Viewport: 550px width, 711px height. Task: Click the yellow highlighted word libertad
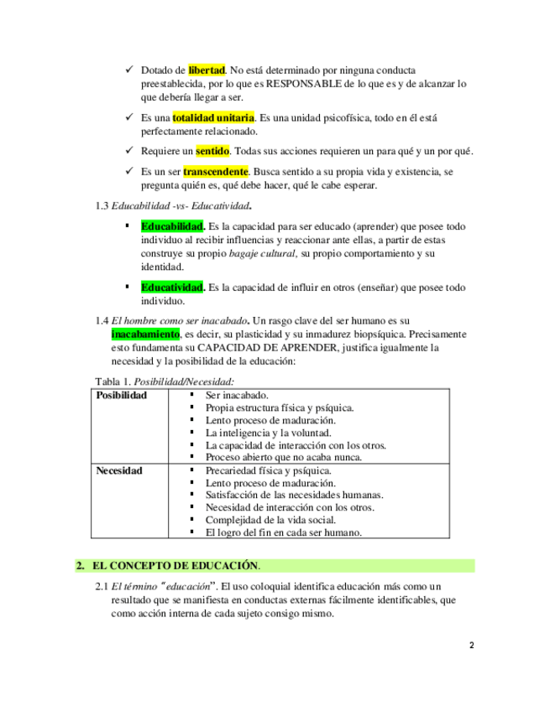tap(207, 70)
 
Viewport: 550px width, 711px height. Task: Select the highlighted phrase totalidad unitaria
tap(213, 118)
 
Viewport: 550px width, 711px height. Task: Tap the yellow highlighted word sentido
tap(212, 151)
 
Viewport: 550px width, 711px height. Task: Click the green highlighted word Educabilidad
tap(173, 226)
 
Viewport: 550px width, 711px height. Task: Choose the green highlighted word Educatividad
tap(173, 288)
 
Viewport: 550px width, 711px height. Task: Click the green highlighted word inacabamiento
tap(145, 335)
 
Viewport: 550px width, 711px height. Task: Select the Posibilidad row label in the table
tap(121, 395)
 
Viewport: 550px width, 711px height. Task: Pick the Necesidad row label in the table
tap(119, 470)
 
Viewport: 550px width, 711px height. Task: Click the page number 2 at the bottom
tap(471, 646)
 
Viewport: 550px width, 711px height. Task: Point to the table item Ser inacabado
tap(237, 395)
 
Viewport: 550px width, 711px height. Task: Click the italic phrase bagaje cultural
tap(262, 253)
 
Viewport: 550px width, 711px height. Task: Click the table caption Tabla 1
tap(113, 381)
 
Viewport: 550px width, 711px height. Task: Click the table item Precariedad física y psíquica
tap(268, 470)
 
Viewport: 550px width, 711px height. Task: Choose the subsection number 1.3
tap(103, 205)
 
